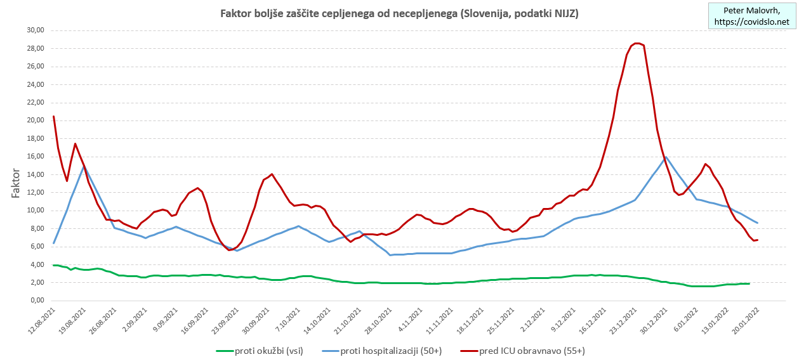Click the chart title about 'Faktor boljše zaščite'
click(x=399, y=13)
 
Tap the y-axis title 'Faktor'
click(x=17, y=183)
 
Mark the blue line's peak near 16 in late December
click(x=664, y=156)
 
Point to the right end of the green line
click(x=749, y=283)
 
